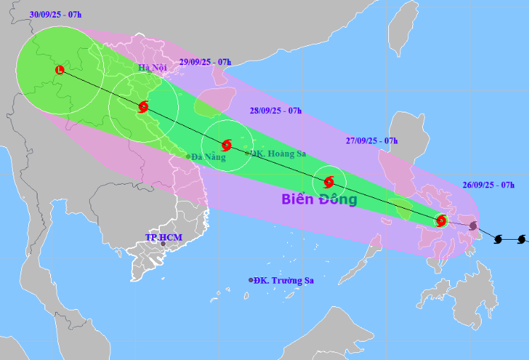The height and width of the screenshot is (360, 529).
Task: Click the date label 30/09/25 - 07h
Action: point(56,14)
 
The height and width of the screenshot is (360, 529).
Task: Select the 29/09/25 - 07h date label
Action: point(206,62)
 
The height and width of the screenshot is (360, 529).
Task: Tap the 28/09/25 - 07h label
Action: point(276,110)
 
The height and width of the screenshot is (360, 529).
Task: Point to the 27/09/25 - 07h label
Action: point(371,141)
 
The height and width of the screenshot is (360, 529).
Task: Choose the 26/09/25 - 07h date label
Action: point(488,185)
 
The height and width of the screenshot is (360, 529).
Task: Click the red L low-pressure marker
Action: point(59,69)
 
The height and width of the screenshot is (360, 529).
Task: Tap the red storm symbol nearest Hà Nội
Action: point(144,107)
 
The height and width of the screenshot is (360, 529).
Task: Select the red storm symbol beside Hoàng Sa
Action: point(226,145)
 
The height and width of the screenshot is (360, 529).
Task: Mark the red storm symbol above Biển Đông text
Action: point(329,181)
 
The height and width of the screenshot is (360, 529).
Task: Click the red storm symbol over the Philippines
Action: point(441,220)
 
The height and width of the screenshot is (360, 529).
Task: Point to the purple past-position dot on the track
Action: point(472,226)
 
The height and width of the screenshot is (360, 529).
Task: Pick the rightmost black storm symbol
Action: point(521,239)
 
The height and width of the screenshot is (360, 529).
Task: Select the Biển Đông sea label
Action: point(319,199)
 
